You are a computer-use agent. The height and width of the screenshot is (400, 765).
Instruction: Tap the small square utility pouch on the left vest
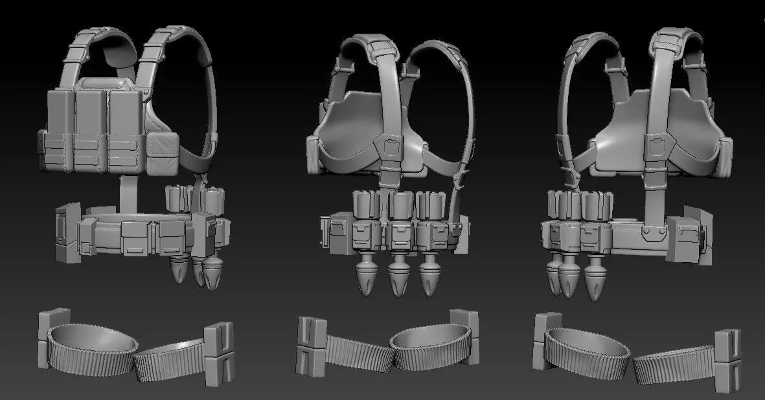[161, 154]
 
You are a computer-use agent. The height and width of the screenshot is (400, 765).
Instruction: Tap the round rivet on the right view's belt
[647, 230]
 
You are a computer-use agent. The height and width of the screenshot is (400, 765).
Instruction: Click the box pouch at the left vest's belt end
[65, 233]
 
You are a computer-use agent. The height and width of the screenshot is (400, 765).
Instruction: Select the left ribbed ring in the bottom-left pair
[93, 343]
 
